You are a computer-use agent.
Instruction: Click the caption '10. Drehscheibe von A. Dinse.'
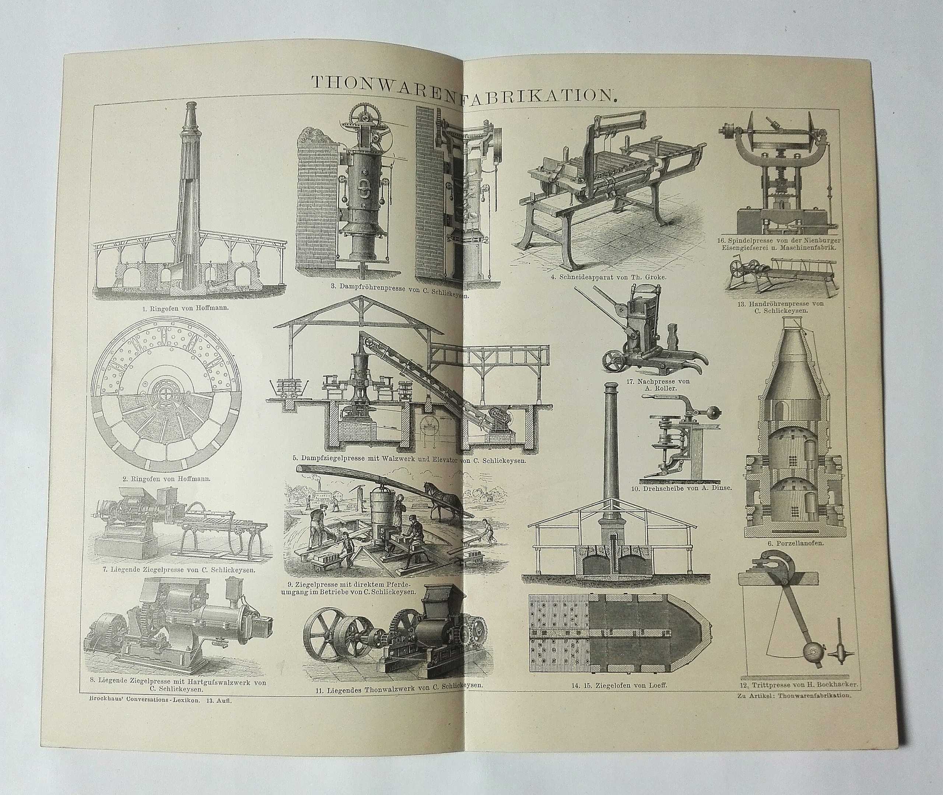[x=686, y=487]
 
